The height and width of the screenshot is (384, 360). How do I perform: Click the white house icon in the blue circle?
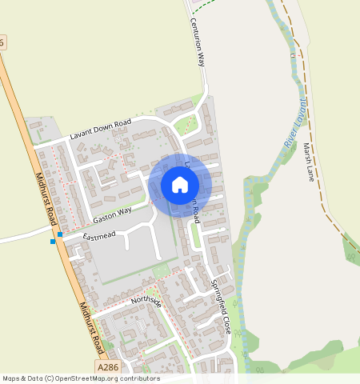tap(180, 186)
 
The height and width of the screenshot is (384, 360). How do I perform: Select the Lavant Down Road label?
tap(100, 129)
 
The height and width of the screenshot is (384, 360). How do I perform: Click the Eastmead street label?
tap(98, 235)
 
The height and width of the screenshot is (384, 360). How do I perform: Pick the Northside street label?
tap(146, 301)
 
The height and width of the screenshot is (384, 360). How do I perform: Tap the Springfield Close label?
tap(220, 295)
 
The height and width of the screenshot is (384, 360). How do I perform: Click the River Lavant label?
tap(295, 123)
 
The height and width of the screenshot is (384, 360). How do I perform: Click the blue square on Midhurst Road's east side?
tap(60, 234)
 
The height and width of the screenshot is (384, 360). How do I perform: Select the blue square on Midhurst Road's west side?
tap(53, 241)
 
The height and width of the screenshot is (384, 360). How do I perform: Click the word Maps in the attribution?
tap(12, 378)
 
